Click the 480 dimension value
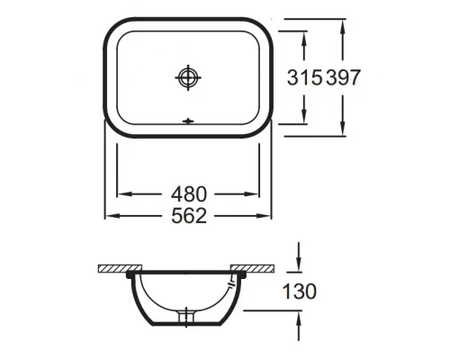189,194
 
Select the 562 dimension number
189,216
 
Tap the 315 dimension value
305,77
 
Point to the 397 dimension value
343,77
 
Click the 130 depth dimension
300,292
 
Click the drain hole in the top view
188,77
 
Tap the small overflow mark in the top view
188,121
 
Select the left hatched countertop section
120,268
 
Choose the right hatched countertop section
252,268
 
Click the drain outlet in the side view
186,317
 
